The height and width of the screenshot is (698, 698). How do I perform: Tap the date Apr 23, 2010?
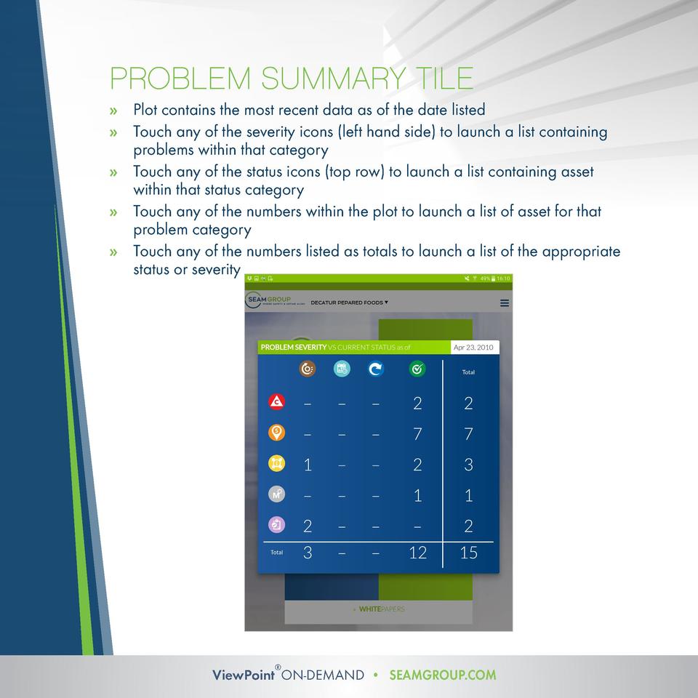click(x=473, y=348)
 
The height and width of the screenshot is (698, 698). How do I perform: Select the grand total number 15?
click(x=468, y=553)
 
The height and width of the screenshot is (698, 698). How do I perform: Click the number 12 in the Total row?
click(x=417, y=553)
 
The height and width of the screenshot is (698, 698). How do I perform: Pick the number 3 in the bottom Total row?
click(x=308, y=553)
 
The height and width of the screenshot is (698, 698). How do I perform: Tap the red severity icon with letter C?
click(x=276, y=401)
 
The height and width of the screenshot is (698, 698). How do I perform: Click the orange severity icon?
click(x=276, y=433)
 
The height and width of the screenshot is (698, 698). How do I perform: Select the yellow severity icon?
click(x=276, y=463)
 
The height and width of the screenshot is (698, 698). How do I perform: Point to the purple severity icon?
click(x=276, y=524)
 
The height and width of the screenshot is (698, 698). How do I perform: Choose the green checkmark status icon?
click(x=417, y=369)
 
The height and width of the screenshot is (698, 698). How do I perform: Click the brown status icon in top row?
click(x=308, y=369)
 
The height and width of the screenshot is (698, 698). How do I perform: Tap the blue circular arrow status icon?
click(x=376, y=369)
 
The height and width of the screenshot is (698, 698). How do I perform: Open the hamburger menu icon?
click(x=505, y=303)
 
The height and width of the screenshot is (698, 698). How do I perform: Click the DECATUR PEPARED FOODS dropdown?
click(x=349, y=302)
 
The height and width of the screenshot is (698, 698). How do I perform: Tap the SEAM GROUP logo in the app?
click(x=269, y=302)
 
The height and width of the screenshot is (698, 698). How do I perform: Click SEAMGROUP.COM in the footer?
click(x=443, y=675)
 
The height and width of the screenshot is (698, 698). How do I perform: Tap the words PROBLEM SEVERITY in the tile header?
click(x=293, y=348)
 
